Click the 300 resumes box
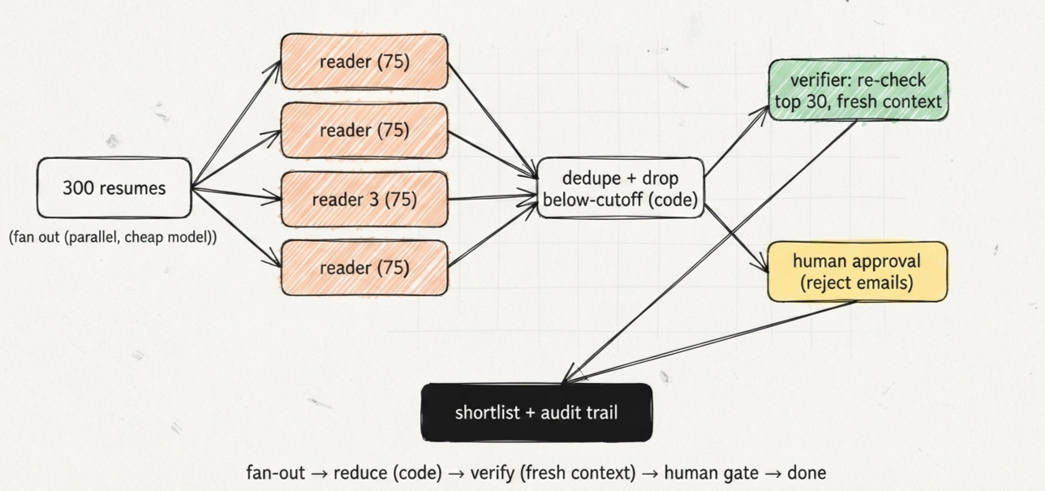(x=114, y=187)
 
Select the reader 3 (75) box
(x=364, y=200)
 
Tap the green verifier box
(x=858, y=90)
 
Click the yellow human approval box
(x=858, y=272)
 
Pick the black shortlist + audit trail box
(x=536, y=412)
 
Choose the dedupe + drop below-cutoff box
(x=620, y=188)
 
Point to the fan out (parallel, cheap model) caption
(x=113, y=237)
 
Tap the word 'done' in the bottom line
(x=806, y=473)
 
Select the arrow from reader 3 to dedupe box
(x=492, y=196)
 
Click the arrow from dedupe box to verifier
(x=736, y=141)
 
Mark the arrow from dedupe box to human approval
(x=736, y=238)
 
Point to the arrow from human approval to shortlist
(x=710, y=342)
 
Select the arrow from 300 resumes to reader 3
(x=237, y=194)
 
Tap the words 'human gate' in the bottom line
(x=711, y=473)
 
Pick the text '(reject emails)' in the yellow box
(x=857, y=283)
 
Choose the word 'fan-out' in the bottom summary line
(x=275, y=473)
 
